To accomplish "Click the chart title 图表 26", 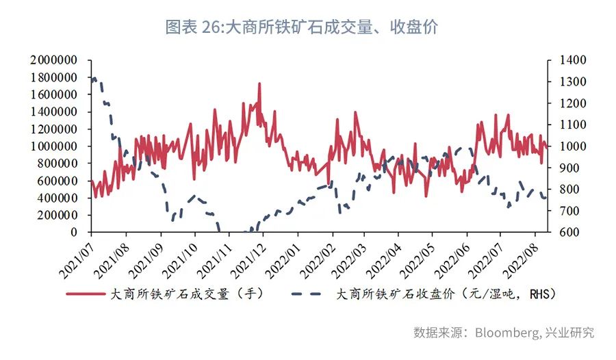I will point(301,27).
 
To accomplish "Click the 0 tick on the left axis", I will point(81,232).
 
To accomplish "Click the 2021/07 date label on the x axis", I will point(77,256).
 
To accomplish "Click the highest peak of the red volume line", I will point(259,83).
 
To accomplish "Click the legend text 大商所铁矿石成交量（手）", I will point(186,294).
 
